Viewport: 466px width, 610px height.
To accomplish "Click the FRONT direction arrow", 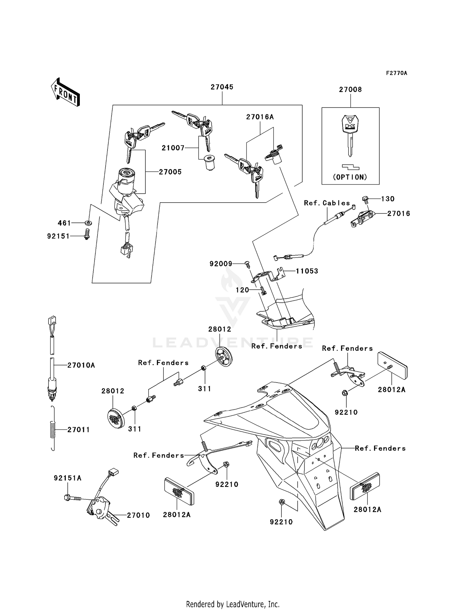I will coord(66,92).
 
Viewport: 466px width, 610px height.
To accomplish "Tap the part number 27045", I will coord(222,87).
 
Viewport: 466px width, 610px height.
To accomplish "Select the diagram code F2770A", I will coord(396,73).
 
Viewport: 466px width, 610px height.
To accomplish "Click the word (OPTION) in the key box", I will coord(350,177).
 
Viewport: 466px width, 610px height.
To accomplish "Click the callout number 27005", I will coord(170,172).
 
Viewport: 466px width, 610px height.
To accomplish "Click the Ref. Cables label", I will coord(327,203).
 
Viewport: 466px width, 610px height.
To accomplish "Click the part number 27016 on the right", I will coord(399,213).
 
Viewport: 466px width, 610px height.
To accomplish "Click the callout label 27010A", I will coord(81,365).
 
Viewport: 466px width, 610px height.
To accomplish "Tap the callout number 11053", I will coord(307,271).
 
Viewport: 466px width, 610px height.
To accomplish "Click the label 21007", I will coord(173,148).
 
